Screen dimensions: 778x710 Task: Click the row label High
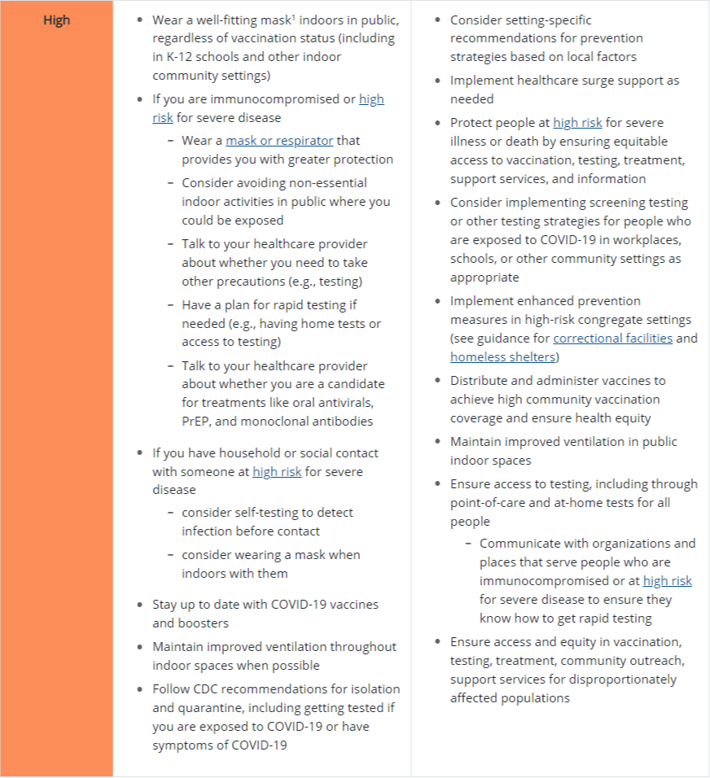[56, 20]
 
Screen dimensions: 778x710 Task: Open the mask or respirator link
[280, 141]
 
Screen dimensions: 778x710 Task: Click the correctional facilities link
[613, 338]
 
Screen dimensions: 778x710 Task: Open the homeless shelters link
[502, 356]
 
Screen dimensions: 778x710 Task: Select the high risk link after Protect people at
[577, 122]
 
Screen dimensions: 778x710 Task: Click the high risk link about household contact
[277, 471]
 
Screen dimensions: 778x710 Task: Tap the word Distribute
[481, 380]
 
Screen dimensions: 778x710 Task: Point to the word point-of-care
[491, 503]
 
